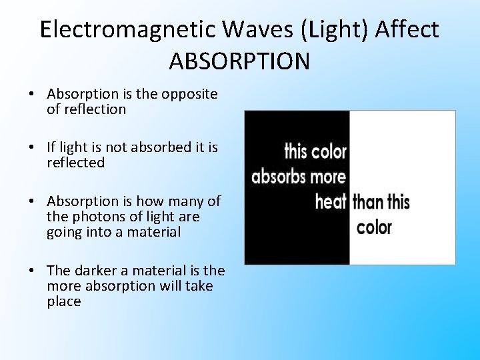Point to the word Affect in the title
(407, 30)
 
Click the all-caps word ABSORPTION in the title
(239, 61)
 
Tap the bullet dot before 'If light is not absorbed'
(31, 147)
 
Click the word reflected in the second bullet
(75, 163)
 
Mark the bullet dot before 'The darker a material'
(31, 271)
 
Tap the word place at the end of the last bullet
(64, 301)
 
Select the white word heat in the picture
(331, 201)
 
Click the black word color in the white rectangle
(374, 227)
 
